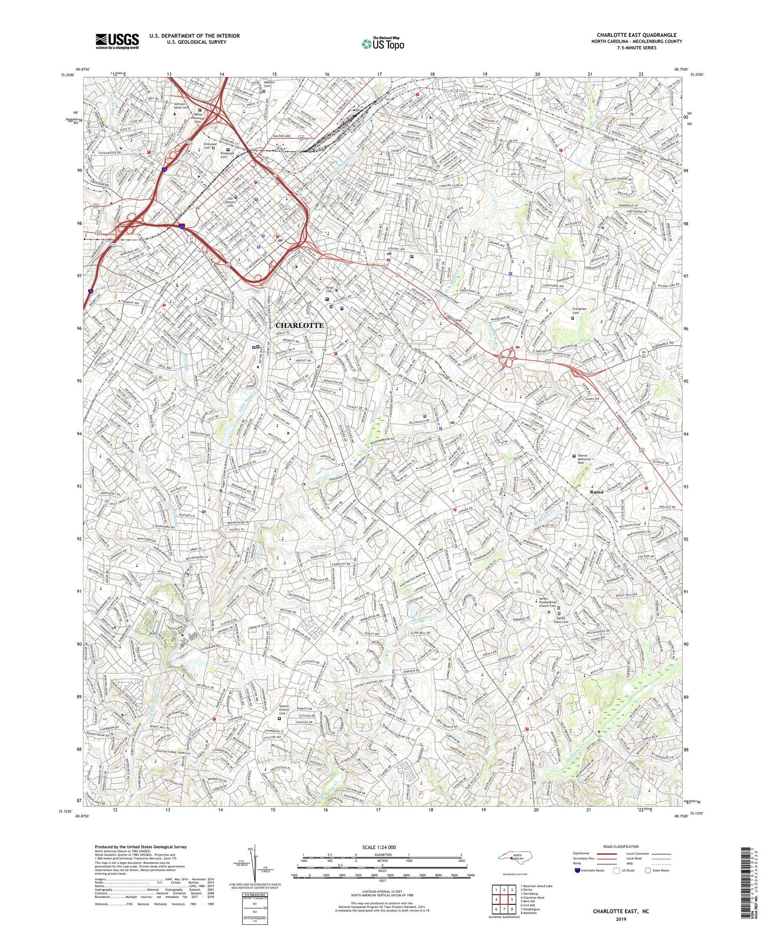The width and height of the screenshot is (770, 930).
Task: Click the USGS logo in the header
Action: pyautogui.click(x=117, y=41)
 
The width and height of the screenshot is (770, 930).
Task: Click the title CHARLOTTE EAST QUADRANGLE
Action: pyautogui.click(x=636, y=35)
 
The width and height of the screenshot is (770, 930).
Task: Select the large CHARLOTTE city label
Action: pyautogui.click(x=300, y=325)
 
